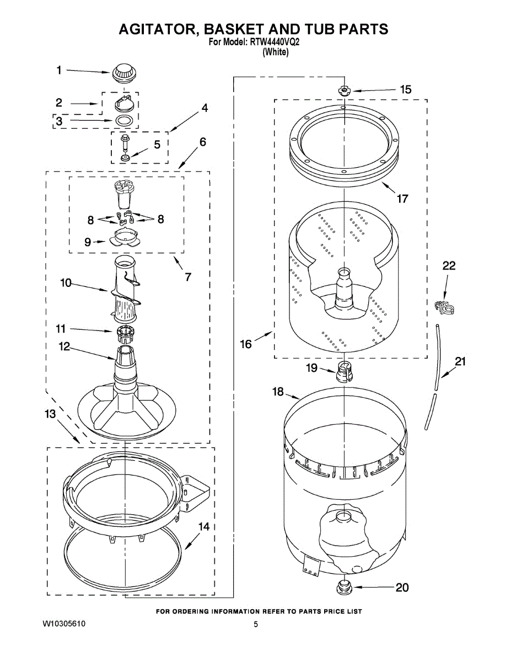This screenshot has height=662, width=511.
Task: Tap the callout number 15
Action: (405, 89)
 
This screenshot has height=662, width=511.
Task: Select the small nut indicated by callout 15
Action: (343, 90)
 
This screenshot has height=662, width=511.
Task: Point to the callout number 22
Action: (449, 266)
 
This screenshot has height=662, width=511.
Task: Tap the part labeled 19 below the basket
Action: (343, 371)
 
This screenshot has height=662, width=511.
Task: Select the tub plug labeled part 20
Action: (343, 587)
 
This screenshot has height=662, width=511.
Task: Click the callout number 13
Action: (50, 414)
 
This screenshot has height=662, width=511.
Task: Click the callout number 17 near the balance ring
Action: (402, 199)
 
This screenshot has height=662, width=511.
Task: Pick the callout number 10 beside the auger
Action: (66, 283)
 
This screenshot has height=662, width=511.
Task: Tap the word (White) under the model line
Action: (276, 52)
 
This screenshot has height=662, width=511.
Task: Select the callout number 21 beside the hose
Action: (460, 362)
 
